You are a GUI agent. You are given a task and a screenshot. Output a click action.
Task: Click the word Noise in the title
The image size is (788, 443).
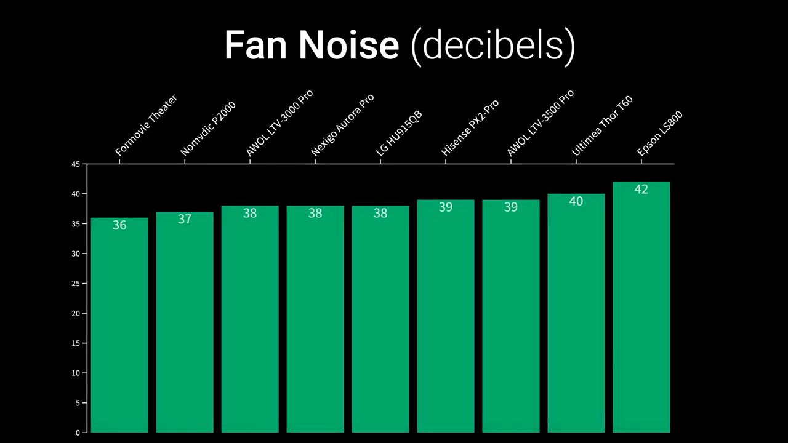pyautogui.click(x=348, y=45)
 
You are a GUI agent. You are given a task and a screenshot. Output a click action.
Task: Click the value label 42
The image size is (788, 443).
pyautogui.click(x=641, y=190)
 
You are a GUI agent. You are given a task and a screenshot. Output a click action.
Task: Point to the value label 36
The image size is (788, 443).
pyautogui.click(x=119, y=225)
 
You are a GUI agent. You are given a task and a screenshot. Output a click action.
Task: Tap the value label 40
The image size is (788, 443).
pyautogui.click(x=576, y=201)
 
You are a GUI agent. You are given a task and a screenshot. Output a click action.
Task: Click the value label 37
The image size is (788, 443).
pyautogui.click(x=185, y=219)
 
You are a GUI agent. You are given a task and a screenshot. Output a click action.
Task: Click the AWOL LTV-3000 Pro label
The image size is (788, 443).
pyautogui.click(x=279, y=123)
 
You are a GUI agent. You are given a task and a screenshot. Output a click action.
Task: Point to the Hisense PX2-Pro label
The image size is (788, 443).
pyautogui.click(x=470, y=128)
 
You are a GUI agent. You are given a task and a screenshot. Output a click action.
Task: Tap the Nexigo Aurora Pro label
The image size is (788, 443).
pyautogui.click(x=342, y=125)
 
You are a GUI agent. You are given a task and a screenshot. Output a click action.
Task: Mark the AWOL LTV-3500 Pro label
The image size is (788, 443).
pyautogui.click(x=541, y=123)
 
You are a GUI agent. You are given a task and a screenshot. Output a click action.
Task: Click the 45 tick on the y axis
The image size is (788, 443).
pyautogui.click(x=76, y=164)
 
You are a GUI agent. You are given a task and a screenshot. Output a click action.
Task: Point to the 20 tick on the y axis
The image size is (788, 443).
pyautogui.click(x=76, y=313)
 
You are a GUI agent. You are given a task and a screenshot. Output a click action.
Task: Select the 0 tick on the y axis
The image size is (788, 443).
pyautogui.click(x=78, y=433)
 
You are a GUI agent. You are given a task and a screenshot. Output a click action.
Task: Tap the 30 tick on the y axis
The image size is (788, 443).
pyautogui.click(x=76, y=253)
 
